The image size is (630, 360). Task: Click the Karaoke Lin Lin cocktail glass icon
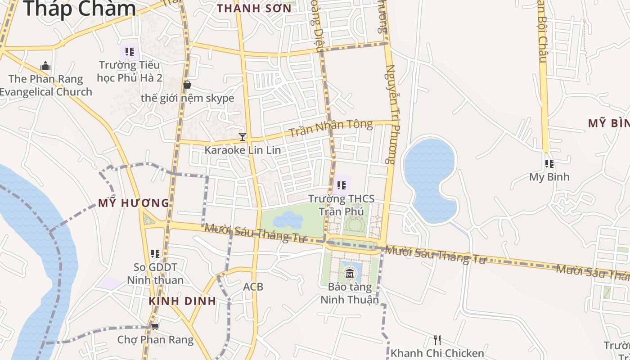coord(243,136)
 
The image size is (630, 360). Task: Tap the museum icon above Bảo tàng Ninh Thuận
coord(350,273)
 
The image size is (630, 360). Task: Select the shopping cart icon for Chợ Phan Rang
coord(155,326)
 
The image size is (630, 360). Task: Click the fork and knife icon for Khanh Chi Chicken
coord(437,340)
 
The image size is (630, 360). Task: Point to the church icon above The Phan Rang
coord(45,66)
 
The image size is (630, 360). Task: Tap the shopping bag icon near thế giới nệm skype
coord(187,84)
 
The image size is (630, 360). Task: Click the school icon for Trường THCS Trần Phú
coord(342,185)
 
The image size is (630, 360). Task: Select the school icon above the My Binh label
coord(549,164)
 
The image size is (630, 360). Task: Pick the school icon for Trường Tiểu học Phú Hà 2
coord(130,52)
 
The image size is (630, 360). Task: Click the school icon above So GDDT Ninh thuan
coord(155,254)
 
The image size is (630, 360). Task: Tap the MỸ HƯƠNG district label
coord(134,203)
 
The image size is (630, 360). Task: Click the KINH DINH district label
coord(183,301)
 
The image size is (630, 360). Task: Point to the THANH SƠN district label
coord(254,8)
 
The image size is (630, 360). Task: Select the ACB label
coord(253,287)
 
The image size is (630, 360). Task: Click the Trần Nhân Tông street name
coord(331,129)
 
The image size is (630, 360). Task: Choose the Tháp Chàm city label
coord(79,9)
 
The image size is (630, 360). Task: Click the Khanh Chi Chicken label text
coord(437,353)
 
